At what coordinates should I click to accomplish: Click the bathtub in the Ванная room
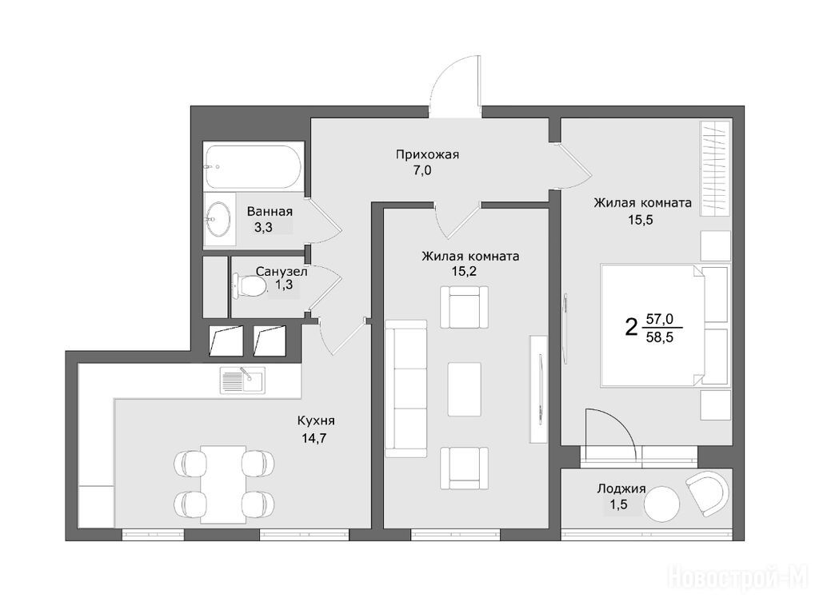point(254,166)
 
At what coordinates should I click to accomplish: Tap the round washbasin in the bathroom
point(219,219)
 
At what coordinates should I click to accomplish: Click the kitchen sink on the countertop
point(242,380)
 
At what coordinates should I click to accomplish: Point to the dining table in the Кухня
point(224,484)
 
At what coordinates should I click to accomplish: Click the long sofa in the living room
point(406,389)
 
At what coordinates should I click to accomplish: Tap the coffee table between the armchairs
point(465,389)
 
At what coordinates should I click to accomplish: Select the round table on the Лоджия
point(661,504)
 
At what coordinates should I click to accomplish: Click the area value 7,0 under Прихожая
point(422,170)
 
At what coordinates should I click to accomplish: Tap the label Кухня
point(316,421)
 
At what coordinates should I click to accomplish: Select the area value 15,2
point(465,271)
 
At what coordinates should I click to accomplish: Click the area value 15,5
point(641,219)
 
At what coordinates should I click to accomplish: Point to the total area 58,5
point(660,337)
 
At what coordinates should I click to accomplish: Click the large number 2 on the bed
point(632,328)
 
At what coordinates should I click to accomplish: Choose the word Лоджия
point(621,489)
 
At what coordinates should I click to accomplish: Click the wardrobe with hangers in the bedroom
point(715,168)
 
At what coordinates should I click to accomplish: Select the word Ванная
point(270,211)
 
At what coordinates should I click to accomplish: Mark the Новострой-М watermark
point(738,579)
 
